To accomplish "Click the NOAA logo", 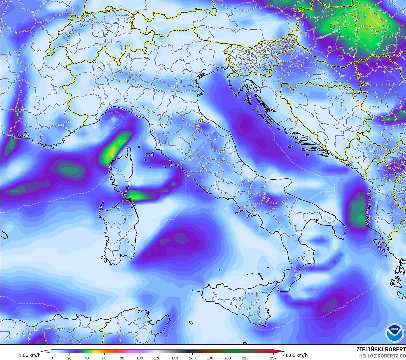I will click(x=394, y=333).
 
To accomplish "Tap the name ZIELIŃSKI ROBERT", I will click(x=381, y=350).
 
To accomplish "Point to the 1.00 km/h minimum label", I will click(x=29, y=355).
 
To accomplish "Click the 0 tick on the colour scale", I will click(x=52, y=358).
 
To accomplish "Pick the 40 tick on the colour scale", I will click(x=87, y=358).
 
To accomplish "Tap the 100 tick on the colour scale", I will click(x=139, y=358).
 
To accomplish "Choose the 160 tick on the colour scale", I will click(x=192, y=358).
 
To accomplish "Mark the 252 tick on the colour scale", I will click(x=273, y=358).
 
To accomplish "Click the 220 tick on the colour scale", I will click(x=245, y=358).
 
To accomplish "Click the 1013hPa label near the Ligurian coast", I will click(x=120, y=114).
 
